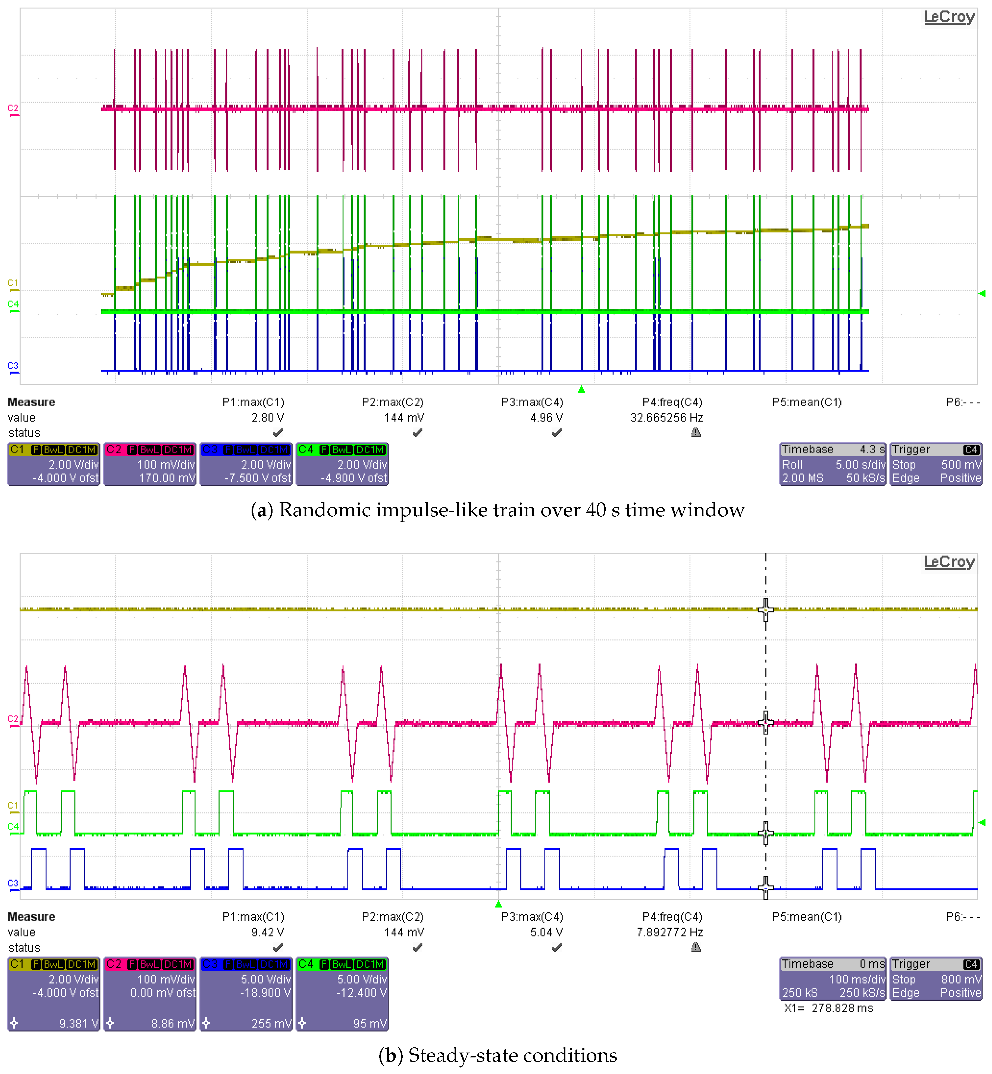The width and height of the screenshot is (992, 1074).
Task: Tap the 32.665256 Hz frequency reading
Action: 666,417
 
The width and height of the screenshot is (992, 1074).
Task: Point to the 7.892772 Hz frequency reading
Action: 669,932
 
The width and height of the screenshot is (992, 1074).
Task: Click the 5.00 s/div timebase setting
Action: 859,465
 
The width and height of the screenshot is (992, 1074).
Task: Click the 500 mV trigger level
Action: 961,465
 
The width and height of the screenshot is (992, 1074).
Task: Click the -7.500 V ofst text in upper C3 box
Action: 258,478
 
